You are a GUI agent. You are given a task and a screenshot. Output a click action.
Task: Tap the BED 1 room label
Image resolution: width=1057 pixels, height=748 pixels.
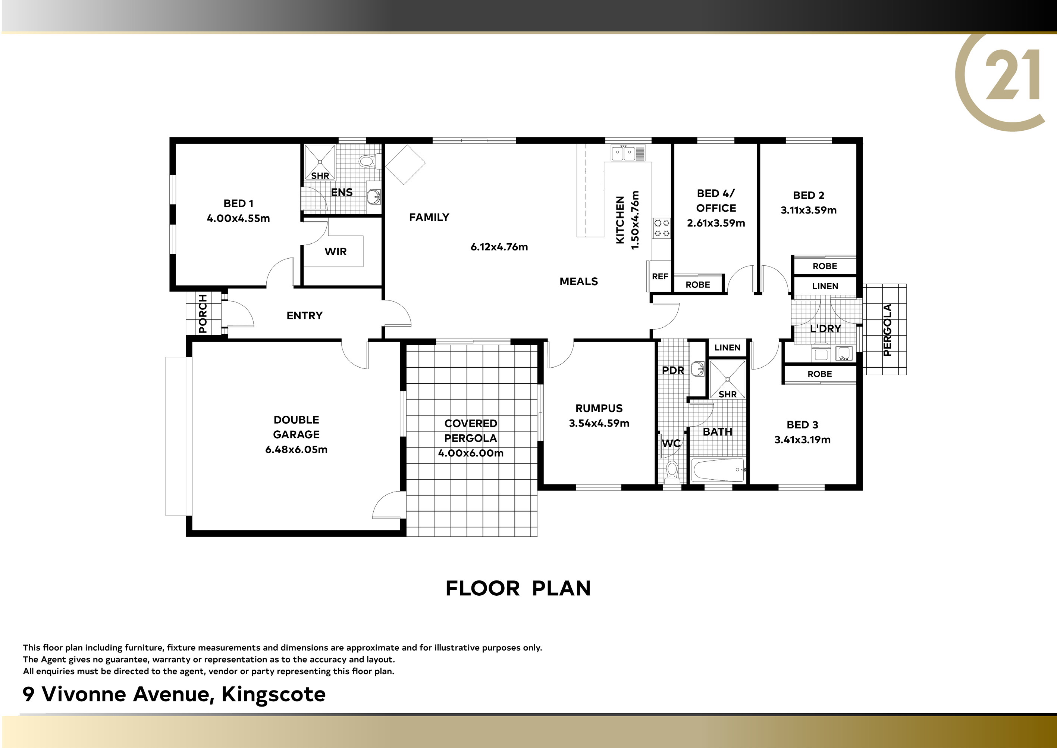click(238, 203)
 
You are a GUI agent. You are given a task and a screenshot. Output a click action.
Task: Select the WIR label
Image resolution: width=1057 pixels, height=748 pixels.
click(336, 252)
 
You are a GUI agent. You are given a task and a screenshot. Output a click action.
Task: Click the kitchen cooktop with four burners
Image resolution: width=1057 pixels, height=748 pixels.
click(662, 228)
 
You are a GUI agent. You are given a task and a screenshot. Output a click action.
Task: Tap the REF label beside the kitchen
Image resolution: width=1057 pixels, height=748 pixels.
click(660, 276)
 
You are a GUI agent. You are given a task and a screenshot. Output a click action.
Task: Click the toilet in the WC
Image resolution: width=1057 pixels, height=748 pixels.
click(672, 472)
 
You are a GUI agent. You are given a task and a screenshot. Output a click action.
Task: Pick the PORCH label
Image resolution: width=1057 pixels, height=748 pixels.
click(203, 314)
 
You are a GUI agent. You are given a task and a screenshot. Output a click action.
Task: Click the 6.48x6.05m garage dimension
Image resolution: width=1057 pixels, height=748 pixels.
click(296, 449)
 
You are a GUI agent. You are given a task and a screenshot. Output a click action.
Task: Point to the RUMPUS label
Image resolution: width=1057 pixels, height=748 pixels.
click(599, 408)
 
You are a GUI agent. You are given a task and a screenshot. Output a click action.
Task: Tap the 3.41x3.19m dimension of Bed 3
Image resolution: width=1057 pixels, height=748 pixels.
click(802, 439)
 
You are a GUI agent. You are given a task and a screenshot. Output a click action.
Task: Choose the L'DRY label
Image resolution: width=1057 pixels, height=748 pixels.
click(825, 328)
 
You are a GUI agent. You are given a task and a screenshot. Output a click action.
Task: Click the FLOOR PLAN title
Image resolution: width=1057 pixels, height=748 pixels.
click(518, 588)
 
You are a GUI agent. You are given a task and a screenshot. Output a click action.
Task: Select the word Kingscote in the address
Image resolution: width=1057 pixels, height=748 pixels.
click(273, 695)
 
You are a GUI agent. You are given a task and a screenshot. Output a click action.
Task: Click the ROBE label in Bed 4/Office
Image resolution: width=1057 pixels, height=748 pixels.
click(698, 285)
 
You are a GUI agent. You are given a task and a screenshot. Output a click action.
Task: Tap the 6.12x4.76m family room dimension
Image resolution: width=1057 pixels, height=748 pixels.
click(499, 247)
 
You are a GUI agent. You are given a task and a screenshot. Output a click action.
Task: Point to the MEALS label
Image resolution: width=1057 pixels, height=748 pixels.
click(579, 281)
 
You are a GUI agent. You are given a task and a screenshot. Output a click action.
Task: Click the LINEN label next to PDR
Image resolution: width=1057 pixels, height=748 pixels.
click(727, 348)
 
